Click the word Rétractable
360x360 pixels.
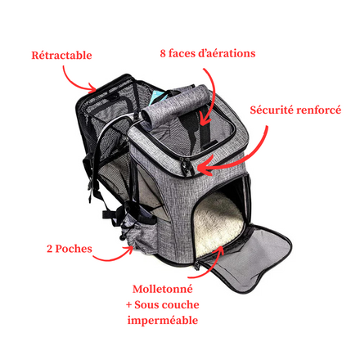(x=61, y=55)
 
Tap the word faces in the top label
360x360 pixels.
(x=181, y=53)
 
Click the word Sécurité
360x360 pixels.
(x=272, y=110)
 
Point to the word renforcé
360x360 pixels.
(x=318, y=110)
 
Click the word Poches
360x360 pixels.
(x=74, y=249)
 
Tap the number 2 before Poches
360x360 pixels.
(x=49, y=249)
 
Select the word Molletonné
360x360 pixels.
(x=163, y=289)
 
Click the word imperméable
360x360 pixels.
(x=163, y=320)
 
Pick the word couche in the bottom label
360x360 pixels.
(x=180, y=304)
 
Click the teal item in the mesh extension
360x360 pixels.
(x=156, y=100)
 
